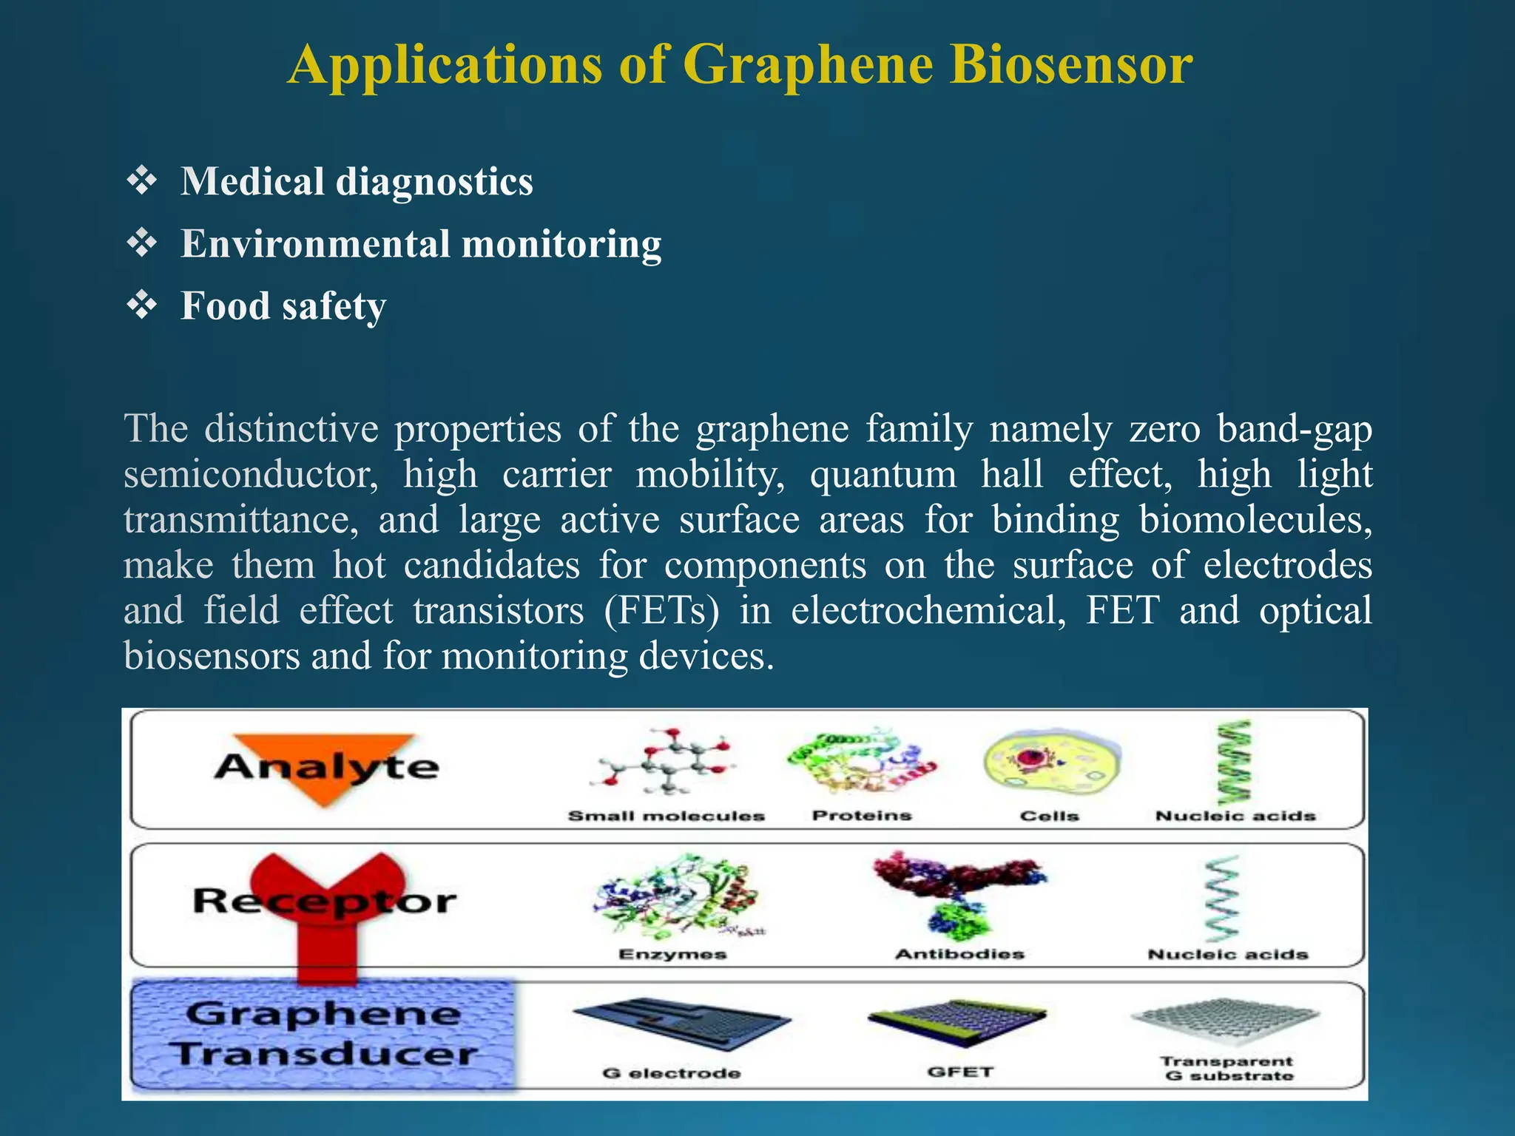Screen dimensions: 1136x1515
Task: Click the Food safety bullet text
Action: pos(283,306)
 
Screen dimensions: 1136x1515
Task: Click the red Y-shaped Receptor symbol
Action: pos(327,910)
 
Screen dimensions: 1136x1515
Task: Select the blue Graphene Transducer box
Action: pos(323,1034)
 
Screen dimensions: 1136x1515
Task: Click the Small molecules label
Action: pos(666,816)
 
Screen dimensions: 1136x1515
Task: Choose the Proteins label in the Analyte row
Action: pos(862,816)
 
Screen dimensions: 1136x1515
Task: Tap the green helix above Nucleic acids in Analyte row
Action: pos(1234,762)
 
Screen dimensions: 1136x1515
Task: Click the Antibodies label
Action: pos(959,954)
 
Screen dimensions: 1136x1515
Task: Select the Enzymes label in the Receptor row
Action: pos(672,955)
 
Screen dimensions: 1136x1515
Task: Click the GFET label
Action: pos(960,1072)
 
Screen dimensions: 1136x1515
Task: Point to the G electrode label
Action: pos(671,1073)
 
